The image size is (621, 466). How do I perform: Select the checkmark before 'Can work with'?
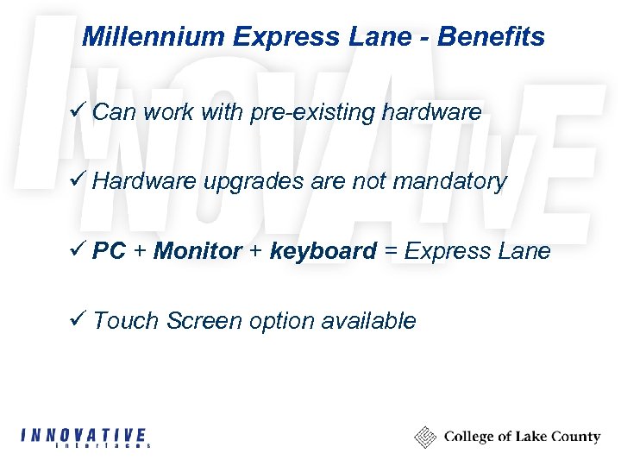[x=78, y=110]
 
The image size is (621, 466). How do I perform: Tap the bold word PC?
[x=110, y=251]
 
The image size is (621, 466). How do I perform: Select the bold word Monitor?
[x=198, y=251]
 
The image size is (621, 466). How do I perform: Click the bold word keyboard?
[x=323, y=251]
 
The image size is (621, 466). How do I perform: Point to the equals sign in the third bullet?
[x=391, y=251]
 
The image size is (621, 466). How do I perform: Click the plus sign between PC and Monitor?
[x=140, y=251]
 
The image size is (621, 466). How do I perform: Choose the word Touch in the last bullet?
[x=127, y=321]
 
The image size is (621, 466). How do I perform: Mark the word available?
[x=368, y=321]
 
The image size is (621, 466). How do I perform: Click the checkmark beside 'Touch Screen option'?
[x=78, y=319]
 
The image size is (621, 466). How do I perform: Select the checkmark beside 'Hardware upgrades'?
[x=78, y=180]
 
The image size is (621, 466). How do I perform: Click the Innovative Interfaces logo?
[x=84, y=438]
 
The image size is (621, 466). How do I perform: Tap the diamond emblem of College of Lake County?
[x=425, y=437]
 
